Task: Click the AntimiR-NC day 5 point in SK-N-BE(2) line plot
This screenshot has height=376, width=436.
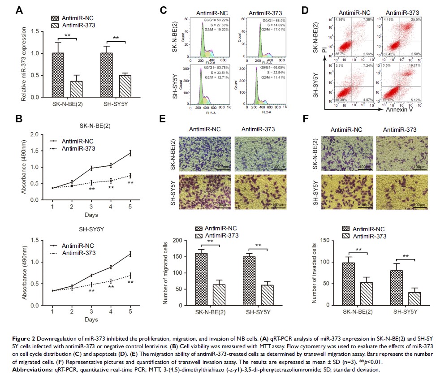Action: [130, 153]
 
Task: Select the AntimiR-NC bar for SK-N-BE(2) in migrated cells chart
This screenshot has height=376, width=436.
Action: [201, 279]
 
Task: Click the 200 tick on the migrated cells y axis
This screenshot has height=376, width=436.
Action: [185, 240]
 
